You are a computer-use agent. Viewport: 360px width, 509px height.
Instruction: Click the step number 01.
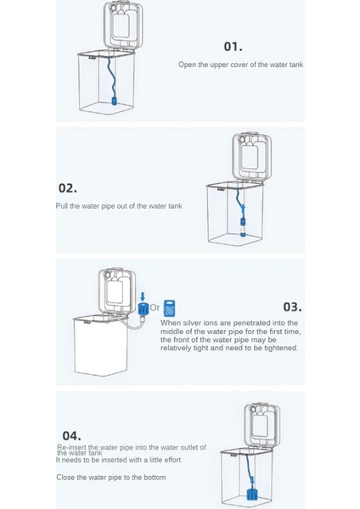pos(233,47)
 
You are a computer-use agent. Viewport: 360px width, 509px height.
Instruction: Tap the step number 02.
pos(68,188)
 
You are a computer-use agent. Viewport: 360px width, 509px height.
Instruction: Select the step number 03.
pos(292,307)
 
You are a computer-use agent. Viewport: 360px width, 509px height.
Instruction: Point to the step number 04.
pos(71,435)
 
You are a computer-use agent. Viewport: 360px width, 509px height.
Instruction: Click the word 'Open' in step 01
pos(187,64)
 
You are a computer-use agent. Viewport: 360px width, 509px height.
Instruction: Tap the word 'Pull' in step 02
pos(62,206)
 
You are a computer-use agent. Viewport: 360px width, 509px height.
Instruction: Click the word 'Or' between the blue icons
pos(155,307)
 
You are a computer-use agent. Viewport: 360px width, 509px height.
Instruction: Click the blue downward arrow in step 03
pos(143,296)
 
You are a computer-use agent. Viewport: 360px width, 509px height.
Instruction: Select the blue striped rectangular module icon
pos(169,308)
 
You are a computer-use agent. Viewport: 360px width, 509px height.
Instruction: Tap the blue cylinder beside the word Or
pos(143,309)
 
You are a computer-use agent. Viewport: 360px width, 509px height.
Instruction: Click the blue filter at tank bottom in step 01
pos(115,100)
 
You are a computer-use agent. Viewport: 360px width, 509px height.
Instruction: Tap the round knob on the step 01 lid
pos(114,8)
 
